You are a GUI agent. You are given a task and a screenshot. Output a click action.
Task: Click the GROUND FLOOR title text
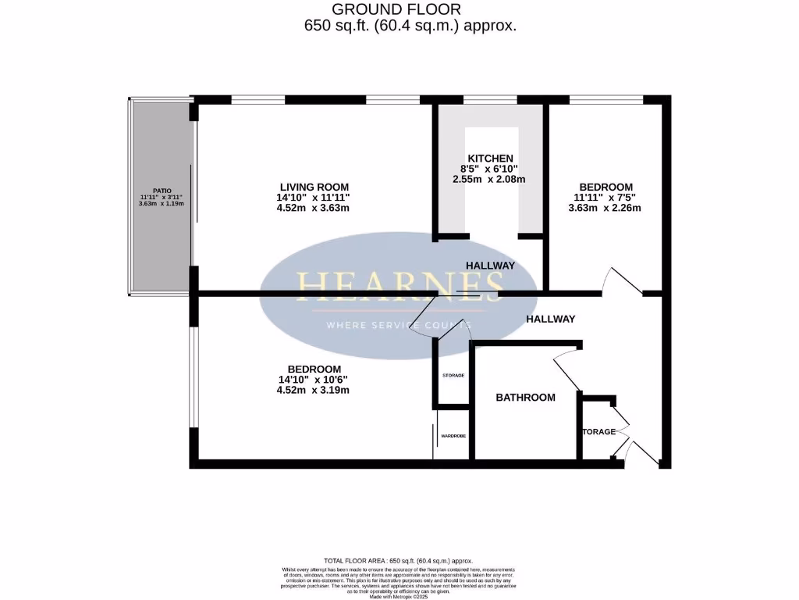pos(396,9)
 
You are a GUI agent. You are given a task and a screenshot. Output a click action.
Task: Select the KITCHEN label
pos(490,158)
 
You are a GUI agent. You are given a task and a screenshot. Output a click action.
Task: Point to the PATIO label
pos(162,190)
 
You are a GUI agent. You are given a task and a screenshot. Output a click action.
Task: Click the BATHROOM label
pos(526,398)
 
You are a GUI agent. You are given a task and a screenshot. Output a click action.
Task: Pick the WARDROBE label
pos(453,436)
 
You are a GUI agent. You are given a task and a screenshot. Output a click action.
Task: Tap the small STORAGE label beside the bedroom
pos(453,376)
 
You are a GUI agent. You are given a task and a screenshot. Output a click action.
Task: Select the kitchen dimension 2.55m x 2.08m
pos(490,179)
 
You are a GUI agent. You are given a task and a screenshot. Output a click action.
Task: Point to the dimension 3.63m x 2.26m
pos(605,208)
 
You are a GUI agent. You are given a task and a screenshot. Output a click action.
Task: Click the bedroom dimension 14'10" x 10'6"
pos(314,380)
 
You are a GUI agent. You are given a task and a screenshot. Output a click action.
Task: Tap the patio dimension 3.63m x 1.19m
pos(162,205)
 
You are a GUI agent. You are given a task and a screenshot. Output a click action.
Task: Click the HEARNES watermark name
pos(398,287)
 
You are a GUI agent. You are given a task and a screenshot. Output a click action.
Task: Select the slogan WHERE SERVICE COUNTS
pos(398,324)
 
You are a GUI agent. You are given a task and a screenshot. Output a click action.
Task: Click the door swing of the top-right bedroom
pos(620,281)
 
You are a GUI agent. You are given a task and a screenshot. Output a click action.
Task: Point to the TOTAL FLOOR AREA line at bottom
pos(399,561)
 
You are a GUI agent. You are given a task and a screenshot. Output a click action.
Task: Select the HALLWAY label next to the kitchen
pos(490,266)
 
